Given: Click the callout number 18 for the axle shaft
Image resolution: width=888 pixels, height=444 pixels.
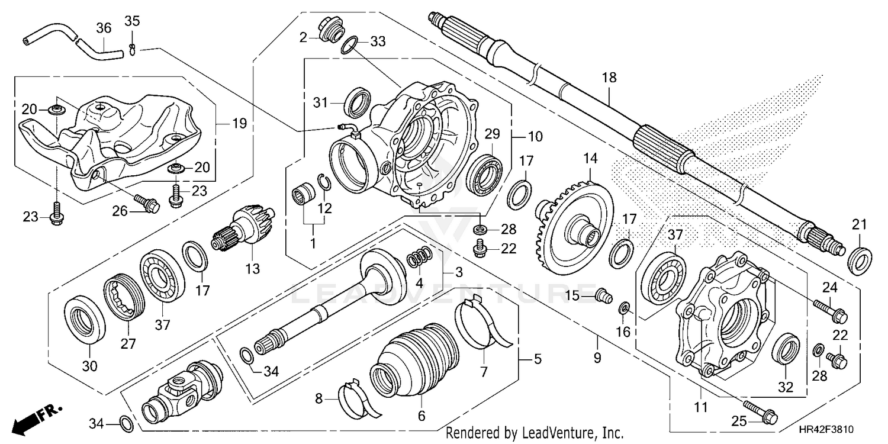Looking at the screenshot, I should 609,78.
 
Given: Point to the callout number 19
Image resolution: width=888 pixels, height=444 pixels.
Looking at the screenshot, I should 239,124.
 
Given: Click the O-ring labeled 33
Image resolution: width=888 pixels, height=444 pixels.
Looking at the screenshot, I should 350,46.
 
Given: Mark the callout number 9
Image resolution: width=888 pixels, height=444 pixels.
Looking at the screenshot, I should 596,358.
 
